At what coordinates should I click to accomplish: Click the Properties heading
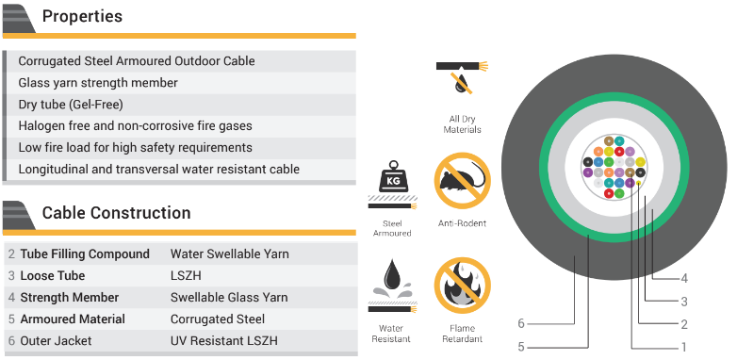point(82,17)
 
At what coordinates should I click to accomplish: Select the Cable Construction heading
point(116,213)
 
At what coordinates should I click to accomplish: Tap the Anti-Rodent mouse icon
point(462,180)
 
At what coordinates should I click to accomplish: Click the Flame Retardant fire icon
point(462,286)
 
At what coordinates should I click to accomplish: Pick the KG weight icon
point(391,178)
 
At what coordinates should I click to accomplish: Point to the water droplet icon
point(391,282)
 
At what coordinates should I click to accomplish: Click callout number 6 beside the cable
point(520,323)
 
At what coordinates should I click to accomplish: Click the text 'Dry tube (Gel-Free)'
point(71,105)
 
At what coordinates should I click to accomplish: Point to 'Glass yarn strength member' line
point(98,83)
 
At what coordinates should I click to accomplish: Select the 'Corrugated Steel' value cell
point(218,319)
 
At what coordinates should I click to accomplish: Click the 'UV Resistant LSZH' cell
point(224,341)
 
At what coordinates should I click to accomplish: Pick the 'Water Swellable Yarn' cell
point(230,254)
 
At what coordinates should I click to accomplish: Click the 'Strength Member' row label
point(64,298)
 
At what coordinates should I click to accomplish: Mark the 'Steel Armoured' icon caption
point(391,228)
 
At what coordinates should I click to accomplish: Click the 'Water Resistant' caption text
point(391,333)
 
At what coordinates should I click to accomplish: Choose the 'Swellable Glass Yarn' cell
point(229,298)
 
